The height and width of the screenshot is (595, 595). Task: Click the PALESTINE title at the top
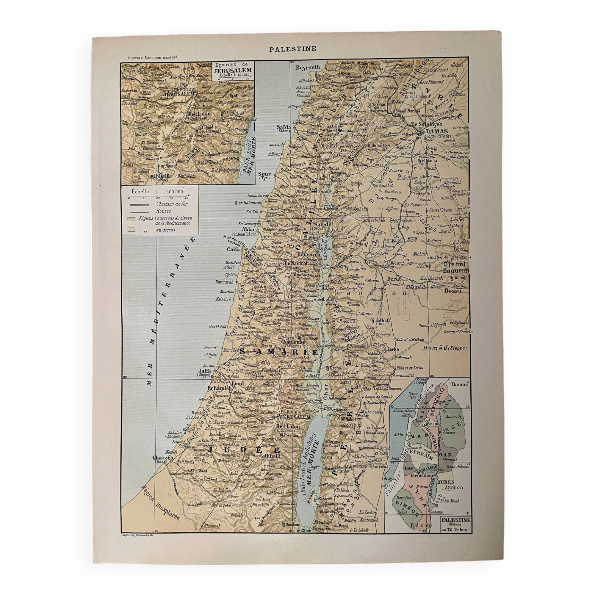click(x=292, y=49)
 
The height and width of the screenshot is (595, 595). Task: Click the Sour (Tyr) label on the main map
click(x=264, y=174)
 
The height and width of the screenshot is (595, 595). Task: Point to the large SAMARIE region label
click(x=278, y=352)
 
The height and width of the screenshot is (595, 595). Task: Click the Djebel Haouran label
click(x=456, y=268)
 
